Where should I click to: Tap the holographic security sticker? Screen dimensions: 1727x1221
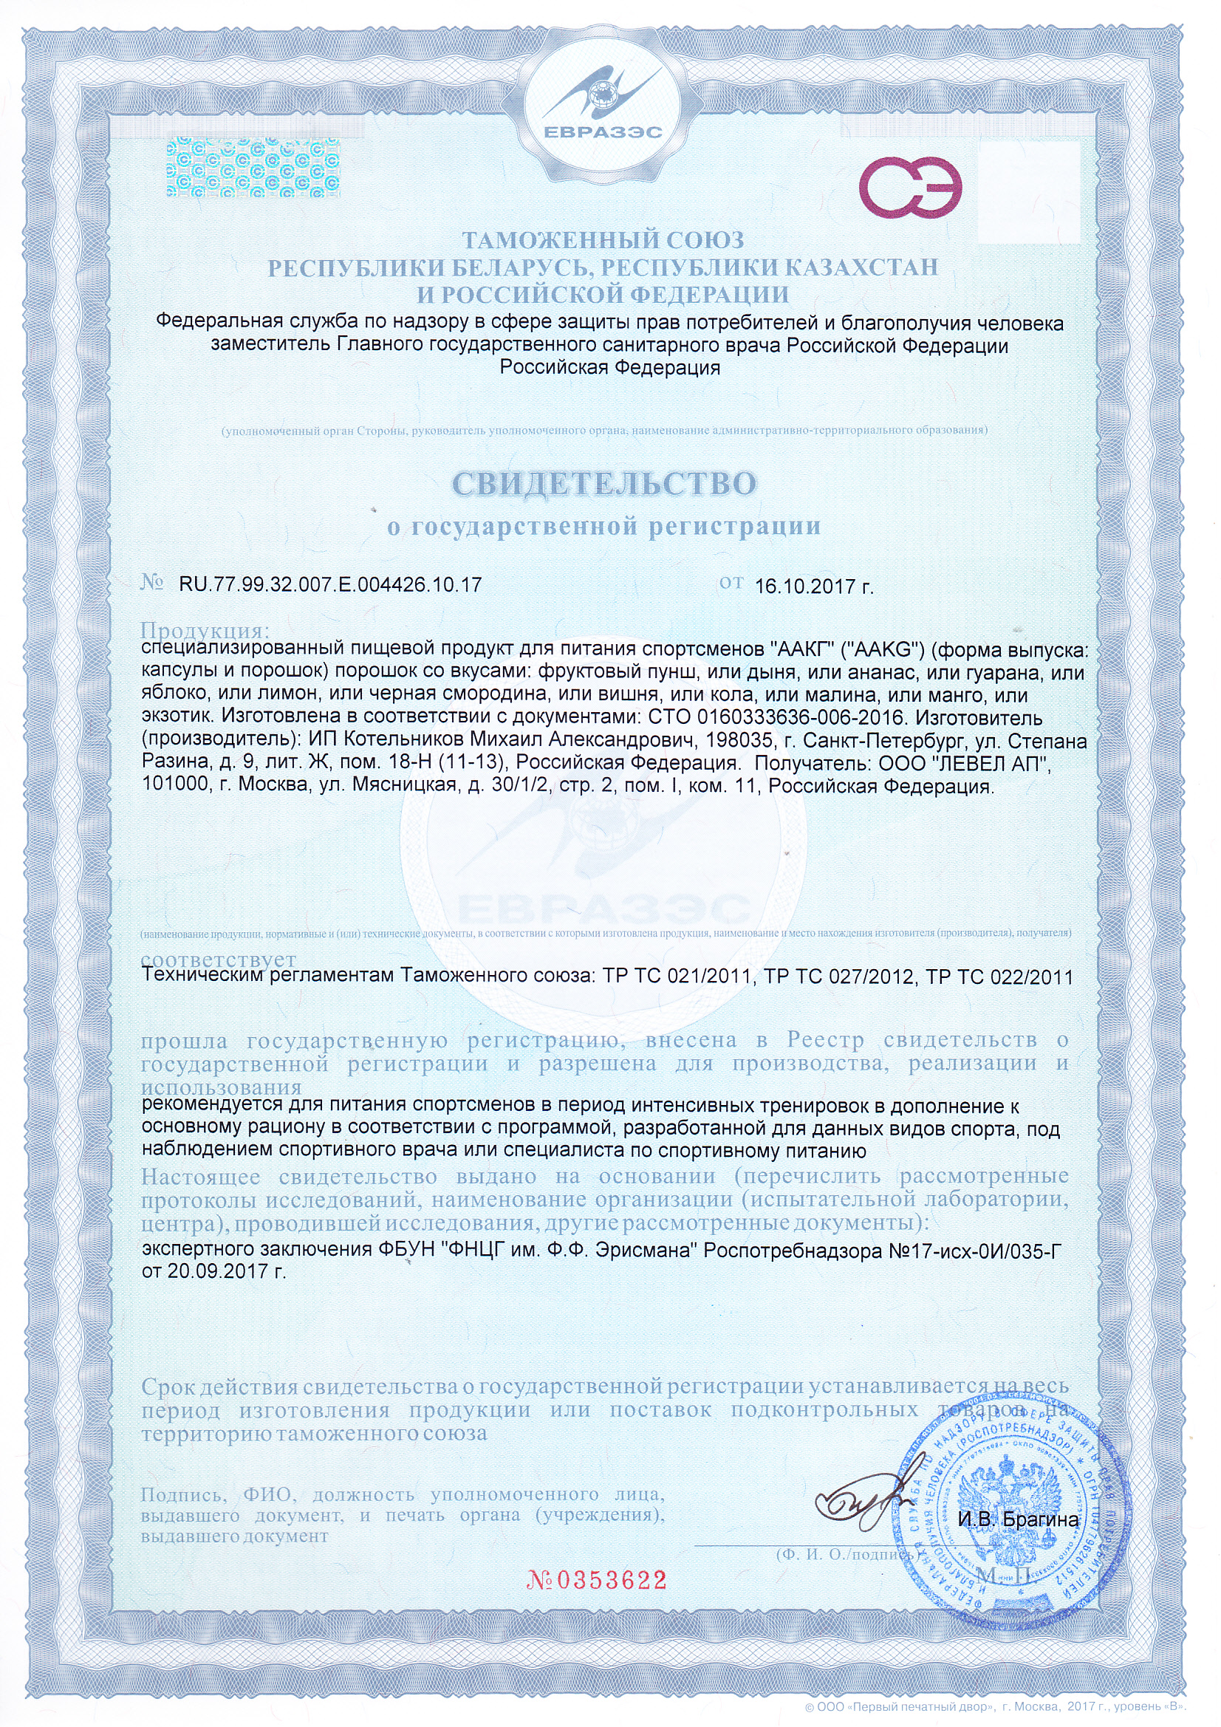coord(253,168)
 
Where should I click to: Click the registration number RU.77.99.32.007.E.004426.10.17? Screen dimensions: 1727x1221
coord(330,584)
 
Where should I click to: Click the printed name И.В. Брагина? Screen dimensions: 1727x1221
coord(1018,1520)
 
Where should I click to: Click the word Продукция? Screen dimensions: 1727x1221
coord(205,630)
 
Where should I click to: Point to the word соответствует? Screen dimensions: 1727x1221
coord(218,960)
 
